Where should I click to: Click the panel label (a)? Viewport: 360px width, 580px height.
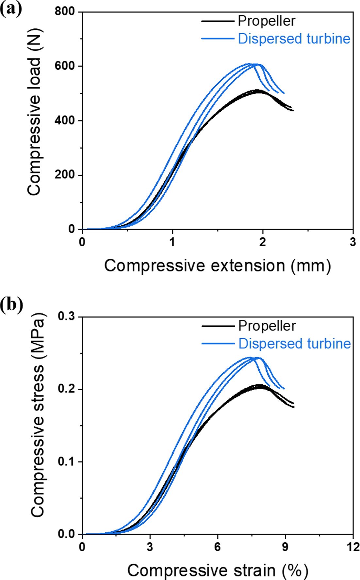click(x=10, y=9)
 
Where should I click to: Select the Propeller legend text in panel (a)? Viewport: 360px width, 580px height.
click(x=266, y=21)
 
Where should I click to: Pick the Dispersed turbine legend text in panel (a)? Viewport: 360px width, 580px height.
click(x=294, y=39)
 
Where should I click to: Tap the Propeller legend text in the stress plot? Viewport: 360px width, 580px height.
click(x=267, y=326)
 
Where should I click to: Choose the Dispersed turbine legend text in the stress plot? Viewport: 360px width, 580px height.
click(x=294, y=344)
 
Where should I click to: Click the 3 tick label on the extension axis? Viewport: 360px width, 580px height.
click(x=352, y=242)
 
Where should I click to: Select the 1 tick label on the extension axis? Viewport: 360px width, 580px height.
click(x=172, y=242)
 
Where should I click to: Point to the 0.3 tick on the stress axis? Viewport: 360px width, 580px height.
click(x=66, y=316)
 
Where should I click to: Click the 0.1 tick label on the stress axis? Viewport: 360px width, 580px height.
click(x=66, y=462)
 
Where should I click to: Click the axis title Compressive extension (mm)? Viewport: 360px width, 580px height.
click(x=218, y=266)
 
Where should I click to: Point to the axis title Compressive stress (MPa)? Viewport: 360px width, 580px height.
click(x=37, y=425)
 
